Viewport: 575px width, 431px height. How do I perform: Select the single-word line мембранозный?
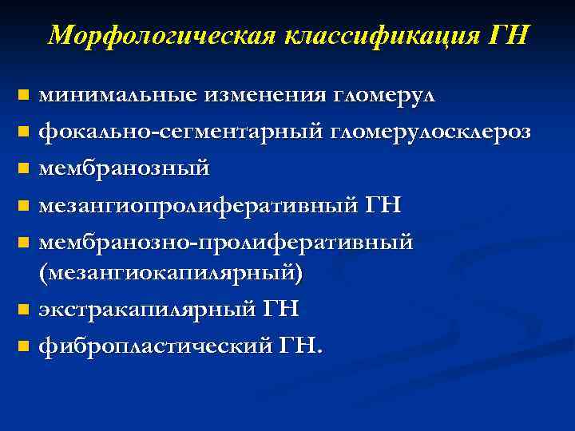[125, 168]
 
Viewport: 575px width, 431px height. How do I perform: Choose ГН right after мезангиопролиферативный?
[383, 204]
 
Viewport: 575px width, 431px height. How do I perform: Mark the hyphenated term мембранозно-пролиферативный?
[226, 241]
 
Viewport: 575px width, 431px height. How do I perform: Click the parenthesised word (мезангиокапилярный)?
[172, 272]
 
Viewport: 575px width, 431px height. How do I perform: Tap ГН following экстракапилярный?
[279, 307]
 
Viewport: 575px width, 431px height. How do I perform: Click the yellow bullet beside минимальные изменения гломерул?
[23, 96]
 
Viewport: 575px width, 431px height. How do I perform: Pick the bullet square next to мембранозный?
[23, 169]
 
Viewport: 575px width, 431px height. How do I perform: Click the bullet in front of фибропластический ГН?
[23, 346]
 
